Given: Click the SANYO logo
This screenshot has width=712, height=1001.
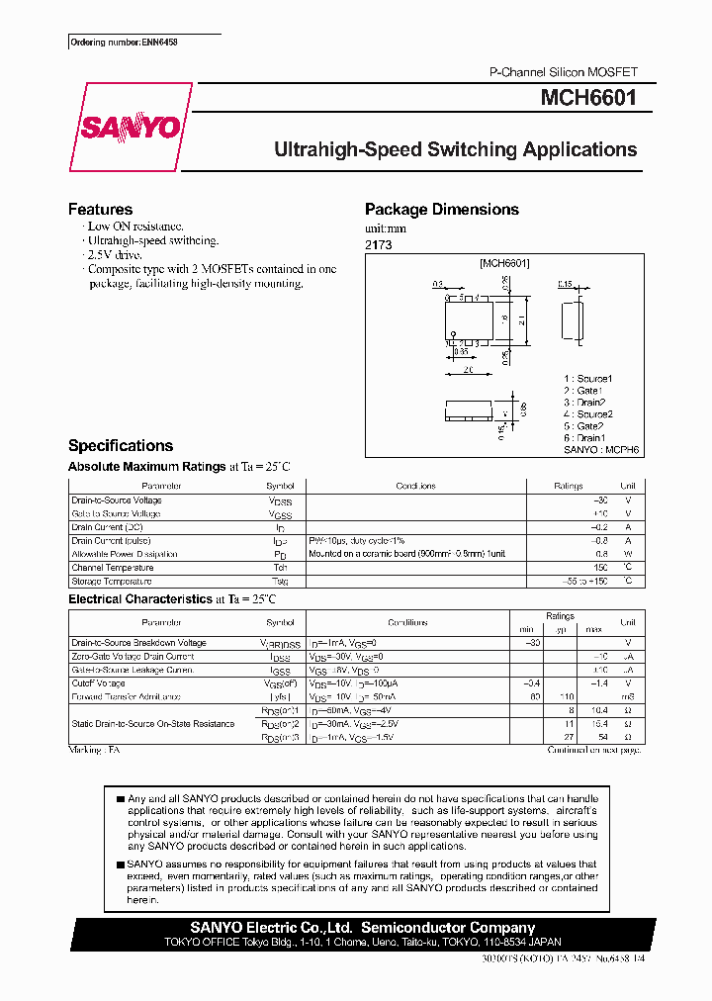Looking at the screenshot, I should click(x=130, y=128).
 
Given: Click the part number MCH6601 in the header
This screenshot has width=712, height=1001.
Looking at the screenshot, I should click(x=587, y=98).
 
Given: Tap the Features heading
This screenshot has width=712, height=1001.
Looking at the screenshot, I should click(x=100, y=210).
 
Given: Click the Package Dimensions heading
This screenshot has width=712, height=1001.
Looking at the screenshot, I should click(x=441, y=210).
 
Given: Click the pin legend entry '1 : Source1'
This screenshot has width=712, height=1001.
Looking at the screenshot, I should click(x=589, y=379).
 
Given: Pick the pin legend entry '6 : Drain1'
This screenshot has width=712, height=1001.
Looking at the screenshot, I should click(x=585, y=437).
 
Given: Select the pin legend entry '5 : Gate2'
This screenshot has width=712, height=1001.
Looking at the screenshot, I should click(x=584, y=425).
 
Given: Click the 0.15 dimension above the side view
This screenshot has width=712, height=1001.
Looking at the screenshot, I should click(x=565, y=285).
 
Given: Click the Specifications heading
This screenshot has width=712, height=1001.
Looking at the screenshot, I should click(x=121, y=446).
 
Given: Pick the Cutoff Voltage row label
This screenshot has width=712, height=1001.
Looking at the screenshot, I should click(x=98, y=683).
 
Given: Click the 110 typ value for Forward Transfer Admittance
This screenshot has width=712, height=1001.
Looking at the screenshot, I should click(x=566, y=697).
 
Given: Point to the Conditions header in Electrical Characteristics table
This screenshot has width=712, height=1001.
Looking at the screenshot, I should click(x=407, y=623).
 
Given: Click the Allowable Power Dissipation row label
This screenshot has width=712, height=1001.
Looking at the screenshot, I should click(x=125, y=554).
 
